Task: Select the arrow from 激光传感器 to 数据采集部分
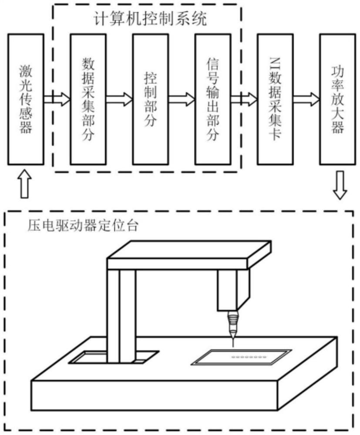[x=57, y=99]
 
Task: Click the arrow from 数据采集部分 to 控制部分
[x=119, y=99]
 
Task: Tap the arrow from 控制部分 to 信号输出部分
[x=181, y=99]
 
